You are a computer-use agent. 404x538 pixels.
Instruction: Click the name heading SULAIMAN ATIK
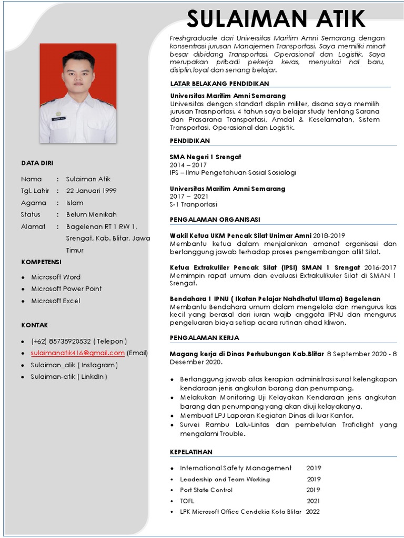276,19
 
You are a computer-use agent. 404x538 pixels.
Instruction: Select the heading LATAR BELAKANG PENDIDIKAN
219,84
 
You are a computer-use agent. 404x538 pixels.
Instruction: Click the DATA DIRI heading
37,163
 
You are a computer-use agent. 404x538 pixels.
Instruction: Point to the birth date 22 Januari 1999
91,191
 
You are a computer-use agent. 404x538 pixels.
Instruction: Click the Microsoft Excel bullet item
55,301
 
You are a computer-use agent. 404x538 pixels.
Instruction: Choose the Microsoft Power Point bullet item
66,288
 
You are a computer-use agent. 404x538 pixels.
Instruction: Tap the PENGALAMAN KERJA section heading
204,338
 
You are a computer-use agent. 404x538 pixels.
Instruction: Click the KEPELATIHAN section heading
191,452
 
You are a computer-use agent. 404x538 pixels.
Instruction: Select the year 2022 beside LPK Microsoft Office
312,512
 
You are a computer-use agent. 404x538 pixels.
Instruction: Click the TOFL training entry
187,501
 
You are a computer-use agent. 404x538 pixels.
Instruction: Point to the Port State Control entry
206,490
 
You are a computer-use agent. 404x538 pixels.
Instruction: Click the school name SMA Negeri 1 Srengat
205,157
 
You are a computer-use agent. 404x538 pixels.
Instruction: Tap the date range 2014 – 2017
188,164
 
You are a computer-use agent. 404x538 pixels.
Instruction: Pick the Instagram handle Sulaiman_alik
52,365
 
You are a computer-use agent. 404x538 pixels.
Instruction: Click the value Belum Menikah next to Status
91,214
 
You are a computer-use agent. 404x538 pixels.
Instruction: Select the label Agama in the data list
34,203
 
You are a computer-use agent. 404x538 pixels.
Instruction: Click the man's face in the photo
78,74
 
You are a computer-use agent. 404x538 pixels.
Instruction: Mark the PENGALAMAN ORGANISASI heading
215,220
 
